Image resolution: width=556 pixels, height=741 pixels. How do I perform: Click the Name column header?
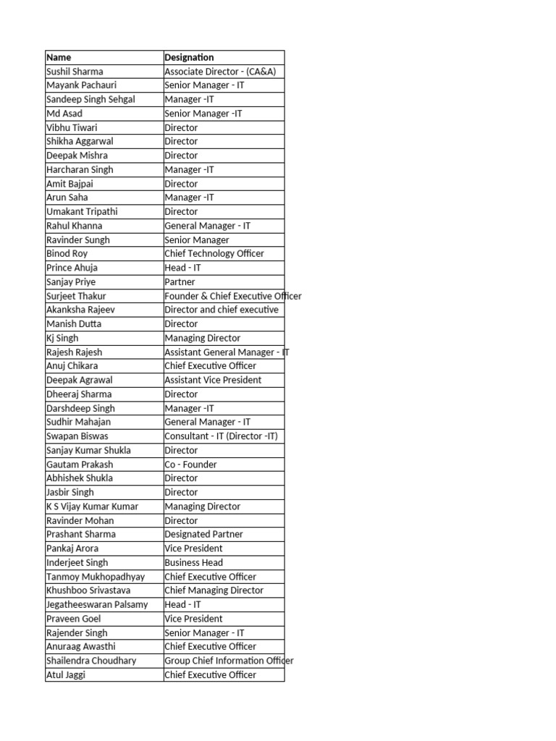click(59, 57)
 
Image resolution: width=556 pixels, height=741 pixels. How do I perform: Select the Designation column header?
click(189, 57)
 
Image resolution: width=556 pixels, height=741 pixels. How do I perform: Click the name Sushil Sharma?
click(75, 72)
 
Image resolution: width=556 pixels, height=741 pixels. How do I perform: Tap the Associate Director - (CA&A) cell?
click(220, 72)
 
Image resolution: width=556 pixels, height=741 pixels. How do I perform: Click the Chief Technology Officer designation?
click(214, 254)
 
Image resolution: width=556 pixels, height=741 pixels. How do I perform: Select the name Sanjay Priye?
click(71, 282)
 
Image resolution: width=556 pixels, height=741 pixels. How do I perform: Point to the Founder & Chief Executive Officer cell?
click(232, 296)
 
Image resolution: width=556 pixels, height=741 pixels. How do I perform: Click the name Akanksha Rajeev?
click(80, 310)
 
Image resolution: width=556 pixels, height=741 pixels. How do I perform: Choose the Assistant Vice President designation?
click(213, 380)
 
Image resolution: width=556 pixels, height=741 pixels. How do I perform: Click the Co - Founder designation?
click(190, 465)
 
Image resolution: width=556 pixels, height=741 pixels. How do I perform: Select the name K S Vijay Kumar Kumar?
click(92, 507)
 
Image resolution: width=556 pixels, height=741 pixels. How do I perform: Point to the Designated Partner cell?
click(203, 534)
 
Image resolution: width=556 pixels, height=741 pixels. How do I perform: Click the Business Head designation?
click(193, 562)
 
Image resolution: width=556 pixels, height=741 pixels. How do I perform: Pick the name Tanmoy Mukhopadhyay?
click(96, 577)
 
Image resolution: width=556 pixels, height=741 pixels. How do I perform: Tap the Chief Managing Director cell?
click(214, 590)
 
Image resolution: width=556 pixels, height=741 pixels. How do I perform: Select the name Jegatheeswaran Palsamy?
click(97, 604)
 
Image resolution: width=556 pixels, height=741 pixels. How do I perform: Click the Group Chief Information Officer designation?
click(229, 661)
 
